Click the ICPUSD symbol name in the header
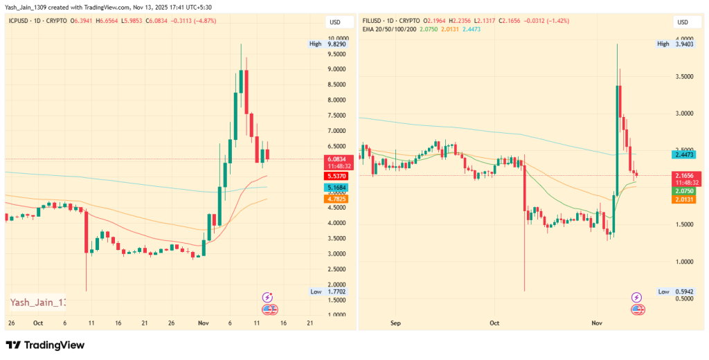point(21,21)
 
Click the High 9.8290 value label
point(336,44)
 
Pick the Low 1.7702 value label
point(336,291)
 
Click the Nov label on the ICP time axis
point(204,323)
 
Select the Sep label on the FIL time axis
point(396,323)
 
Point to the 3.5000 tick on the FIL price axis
point(685,76)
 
